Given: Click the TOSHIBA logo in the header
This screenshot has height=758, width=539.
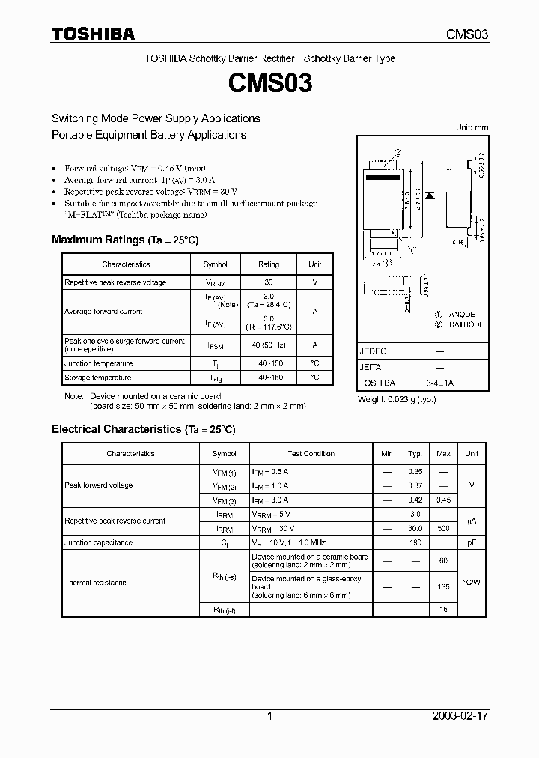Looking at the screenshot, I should click(93, 34).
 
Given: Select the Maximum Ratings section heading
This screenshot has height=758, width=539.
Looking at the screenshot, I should click(124, 240).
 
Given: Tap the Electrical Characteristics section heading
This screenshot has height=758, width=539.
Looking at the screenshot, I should click(143, 429).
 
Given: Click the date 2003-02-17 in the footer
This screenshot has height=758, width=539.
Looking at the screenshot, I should click(459, 716).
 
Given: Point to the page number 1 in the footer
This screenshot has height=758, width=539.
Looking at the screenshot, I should click(269, 716).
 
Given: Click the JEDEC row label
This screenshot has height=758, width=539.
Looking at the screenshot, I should click(373, 351).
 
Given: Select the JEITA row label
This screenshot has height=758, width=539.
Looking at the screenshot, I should click(371, 367).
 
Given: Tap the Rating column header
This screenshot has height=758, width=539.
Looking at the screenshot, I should click(269, 264).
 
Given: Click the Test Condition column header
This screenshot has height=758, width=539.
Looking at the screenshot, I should click(311, 454).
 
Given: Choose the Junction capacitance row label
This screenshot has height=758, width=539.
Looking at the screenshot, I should click(99, 542).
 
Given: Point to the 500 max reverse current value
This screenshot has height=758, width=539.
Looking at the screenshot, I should click(443, 528).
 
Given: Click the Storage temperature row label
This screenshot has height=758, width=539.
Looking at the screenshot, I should click(98, 378).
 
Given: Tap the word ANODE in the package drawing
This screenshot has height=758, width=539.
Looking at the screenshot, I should click(462, 315).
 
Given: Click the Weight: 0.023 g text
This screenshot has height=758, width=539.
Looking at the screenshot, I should click(397, 399).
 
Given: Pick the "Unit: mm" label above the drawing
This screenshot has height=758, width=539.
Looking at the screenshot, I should click(472, 127).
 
